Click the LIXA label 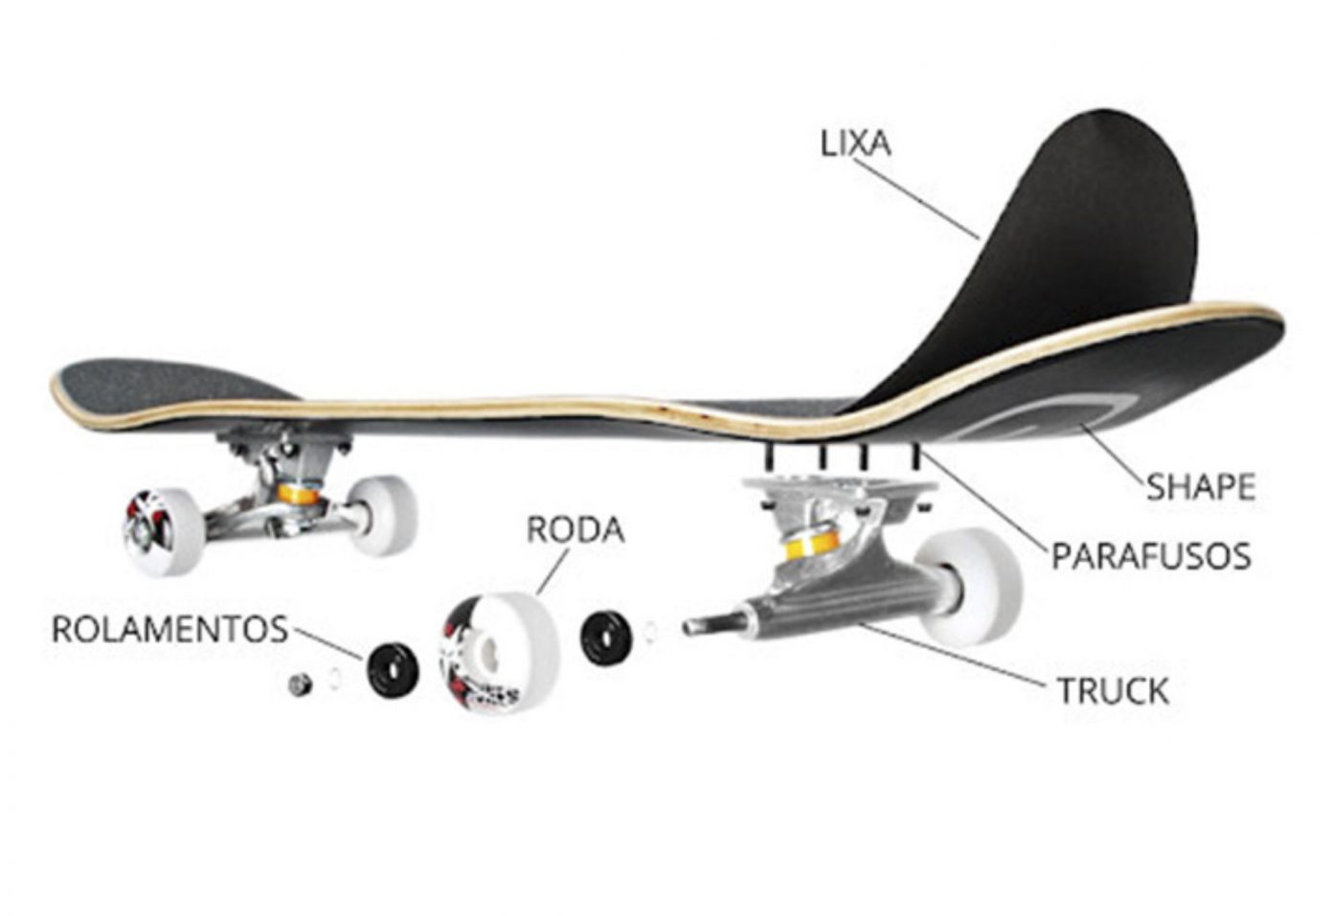click(855, 144)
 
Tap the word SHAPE click(1200, 487)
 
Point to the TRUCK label click(1113, 691)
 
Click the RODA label click(575, 529)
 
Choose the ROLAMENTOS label click(169, 630)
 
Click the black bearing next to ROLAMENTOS click(394, 667)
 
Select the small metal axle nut click(300, 684)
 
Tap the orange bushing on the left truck click(299, 495)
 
